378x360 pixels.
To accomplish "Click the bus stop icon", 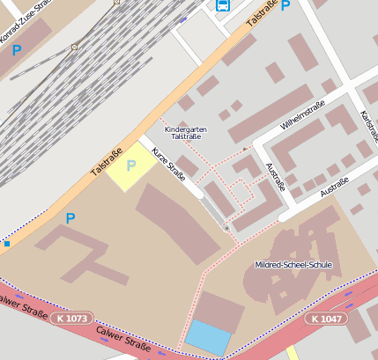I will click(223, 5).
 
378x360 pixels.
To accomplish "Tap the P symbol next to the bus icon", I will click(285, 5).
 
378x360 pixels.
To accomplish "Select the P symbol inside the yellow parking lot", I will click(131, 165).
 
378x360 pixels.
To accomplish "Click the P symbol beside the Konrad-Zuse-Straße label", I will click(17, 51).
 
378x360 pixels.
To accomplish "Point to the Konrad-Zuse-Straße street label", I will click(21, 22).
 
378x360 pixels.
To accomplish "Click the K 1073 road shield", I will click(70, 317).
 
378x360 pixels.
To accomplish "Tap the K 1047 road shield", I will click(325, 318).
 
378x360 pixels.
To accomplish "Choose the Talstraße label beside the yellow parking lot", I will click(107, 162).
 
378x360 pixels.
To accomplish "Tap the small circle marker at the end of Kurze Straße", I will click(226, 228).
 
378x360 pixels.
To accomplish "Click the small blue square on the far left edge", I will click(6, 242).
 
